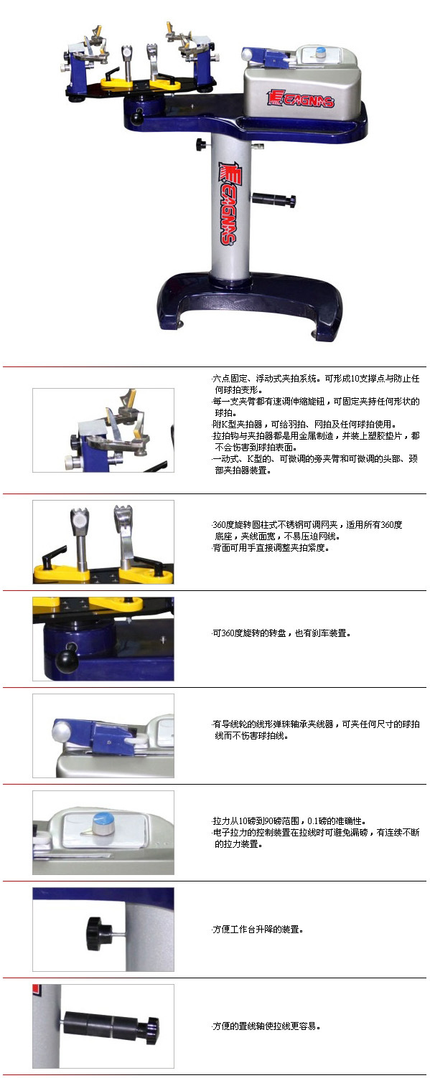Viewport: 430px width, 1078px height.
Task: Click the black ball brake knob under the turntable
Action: click(140, 116)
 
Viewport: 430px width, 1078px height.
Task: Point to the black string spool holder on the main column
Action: click(274, 199)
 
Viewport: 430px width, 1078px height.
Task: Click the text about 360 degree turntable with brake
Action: click(281, 633)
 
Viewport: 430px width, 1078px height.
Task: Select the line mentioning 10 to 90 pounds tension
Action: click(289, 821)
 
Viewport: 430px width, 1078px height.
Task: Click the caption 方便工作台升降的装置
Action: click(258, 930)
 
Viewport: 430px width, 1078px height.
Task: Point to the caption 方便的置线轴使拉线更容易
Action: click(266, 1026)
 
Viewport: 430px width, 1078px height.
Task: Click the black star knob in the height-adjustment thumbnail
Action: click(99, 934)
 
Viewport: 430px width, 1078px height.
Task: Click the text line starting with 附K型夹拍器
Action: click(304, 425)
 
